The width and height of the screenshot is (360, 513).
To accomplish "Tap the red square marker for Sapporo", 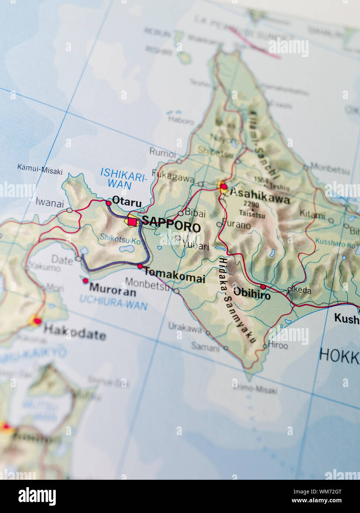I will click(132, 221).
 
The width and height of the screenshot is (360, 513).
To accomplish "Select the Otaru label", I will click(127, 202).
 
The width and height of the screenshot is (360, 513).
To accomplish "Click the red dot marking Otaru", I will click(109, 203).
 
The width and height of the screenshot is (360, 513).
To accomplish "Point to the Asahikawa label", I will click(260, 199).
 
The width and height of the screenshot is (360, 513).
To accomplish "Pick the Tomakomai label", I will click(174, 275).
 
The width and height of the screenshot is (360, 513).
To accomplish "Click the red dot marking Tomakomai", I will click(140, 266).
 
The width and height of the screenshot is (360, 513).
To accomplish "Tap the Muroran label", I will click(113, 289).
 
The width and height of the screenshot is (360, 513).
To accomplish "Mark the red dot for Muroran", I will click(85, 281).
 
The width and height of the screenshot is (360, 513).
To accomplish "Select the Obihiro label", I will click(252, 294).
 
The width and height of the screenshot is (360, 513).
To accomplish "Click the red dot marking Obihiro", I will click(263, 287).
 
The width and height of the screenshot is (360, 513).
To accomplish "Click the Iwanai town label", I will click(49, 203).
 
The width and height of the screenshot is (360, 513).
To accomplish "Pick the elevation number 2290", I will click(251, 204).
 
